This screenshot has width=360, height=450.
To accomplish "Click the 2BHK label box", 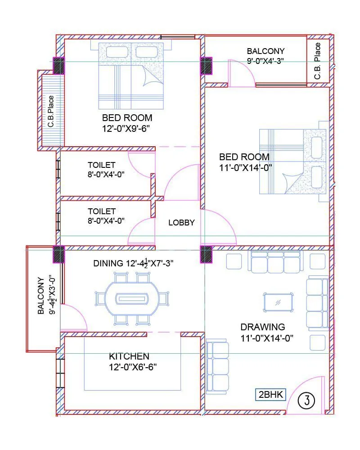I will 270,395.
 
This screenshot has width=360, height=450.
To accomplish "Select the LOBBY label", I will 181,222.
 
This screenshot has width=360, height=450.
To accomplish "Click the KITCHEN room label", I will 129,356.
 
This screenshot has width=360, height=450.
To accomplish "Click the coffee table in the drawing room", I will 278,302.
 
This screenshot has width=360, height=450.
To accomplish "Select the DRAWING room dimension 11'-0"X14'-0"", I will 267,338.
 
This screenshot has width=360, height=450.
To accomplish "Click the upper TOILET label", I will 102,165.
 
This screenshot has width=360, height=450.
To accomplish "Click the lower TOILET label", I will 102,211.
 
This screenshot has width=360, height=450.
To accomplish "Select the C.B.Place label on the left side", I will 51,111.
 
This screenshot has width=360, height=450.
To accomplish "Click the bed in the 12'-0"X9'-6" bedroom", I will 130,75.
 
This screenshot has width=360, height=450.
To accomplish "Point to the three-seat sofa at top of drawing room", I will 275,262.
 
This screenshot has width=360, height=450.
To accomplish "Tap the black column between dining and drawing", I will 206,254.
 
